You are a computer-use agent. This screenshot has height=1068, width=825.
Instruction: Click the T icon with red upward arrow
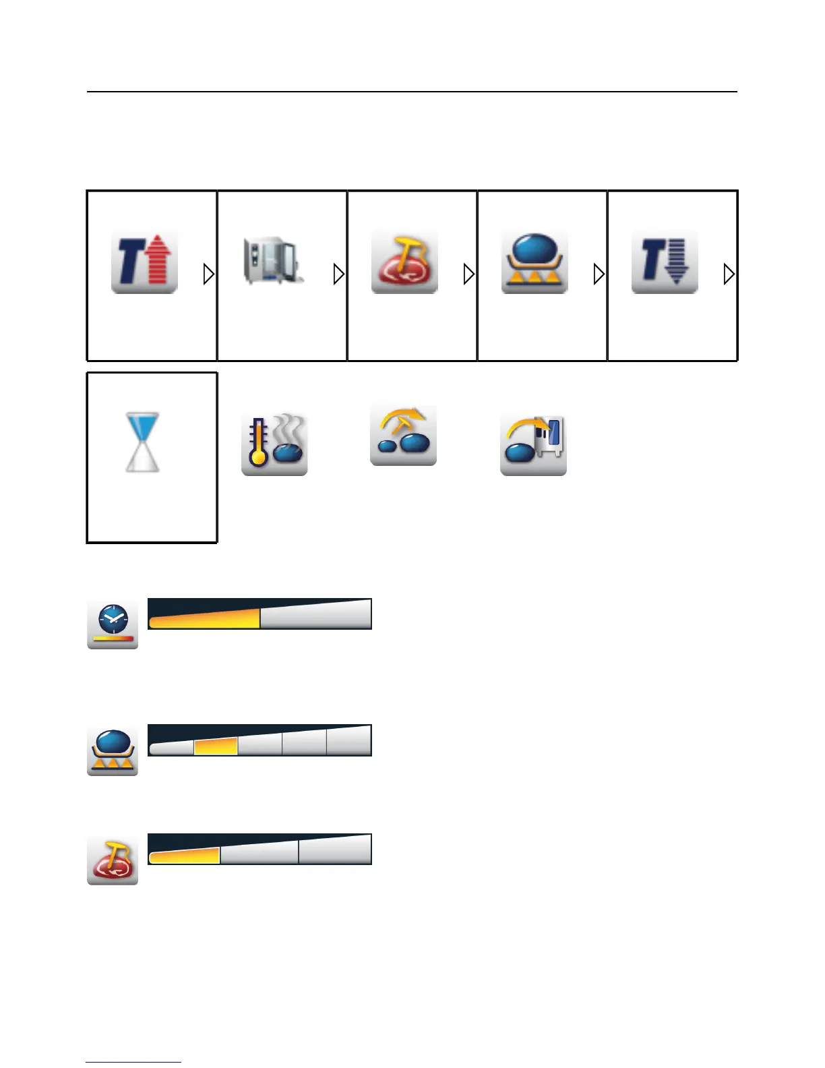click(144, 261)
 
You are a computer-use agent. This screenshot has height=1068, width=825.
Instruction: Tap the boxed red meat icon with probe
click(404, 261)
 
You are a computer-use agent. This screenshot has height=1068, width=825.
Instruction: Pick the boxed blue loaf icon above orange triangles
click(534, 261)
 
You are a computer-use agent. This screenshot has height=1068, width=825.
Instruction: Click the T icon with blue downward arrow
click(665, 261)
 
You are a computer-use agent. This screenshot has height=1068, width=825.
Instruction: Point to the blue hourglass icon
click(143, 442)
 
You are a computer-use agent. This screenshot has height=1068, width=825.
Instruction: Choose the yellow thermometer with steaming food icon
click(274, 443)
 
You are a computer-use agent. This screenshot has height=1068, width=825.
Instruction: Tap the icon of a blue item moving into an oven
click(533, 443)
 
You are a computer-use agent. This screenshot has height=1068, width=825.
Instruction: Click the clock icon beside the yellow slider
click(113, 624)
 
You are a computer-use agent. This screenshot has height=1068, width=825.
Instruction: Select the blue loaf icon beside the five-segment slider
click(113, 750)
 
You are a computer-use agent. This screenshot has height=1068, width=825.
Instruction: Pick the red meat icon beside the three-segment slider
click(113, 859)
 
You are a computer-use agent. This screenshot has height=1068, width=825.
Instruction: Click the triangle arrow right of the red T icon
click(209, 274)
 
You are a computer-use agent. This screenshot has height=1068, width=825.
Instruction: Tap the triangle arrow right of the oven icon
click(339, 274)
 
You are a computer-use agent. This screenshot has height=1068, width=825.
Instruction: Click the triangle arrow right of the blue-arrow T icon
click(729, 274)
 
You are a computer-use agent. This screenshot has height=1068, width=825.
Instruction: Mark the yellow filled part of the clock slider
click(205, 618)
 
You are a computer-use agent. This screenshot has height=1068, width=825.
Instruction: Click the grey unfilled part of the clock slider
click(315, 615)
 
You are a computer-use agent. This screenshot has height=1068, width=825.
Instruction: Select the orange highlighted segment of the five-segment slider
click(216, 746)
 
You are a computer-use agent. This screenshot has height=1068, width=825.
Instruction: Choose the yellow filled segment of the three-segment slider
click(185, 856)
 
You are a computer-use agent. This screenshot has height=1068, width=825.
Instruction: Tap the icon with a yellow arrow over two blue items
click(404, 434)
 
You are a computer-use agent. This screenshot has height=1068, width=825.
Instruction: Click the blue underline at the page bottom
click(133, 1062)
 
